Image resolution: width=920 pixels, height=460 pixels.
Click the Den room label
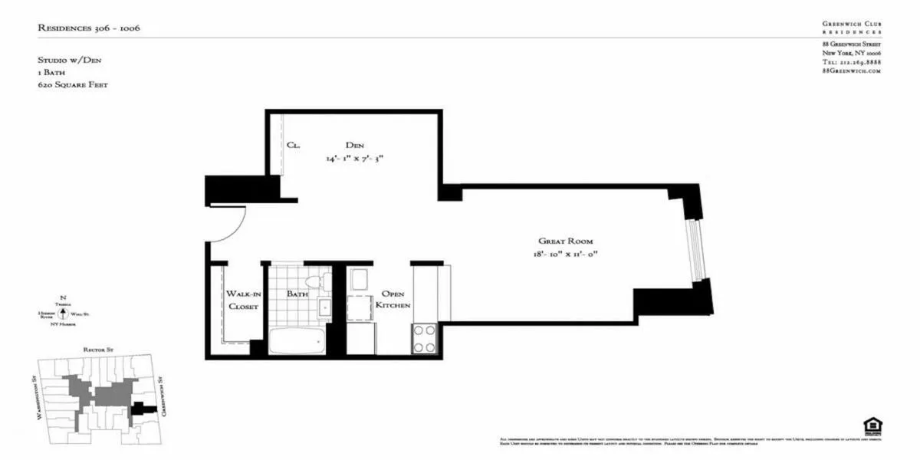(354, 145)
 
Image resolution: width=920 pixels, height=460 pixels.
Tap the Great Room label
(566, 241)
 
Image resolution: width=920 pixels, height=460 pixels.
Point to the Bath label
(297, 294)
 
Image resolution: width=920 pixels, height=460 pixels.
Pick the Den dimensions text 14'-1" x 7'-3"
(353, 159)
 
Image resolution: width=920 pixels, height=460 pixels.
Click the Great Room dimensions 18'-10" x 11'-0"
(566, 255)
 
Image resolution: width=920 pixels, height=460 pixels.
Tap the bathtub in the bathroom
(296, 340)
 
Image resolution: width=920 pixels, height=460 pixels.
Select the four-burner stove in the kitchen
(425, 339)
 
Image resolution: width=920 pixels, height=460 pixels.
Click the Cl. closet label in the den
(293, 145)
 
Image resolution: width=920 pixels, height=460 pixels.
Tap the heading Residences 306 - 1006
(89, 28)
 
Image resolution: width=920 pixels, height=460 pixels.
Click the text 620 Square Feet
(72, 84)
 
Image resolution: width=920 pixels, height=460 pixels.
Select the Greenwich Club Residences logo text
(851, 28)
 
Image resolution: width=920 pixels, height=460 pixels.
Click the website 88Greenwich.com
(851, 71)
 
